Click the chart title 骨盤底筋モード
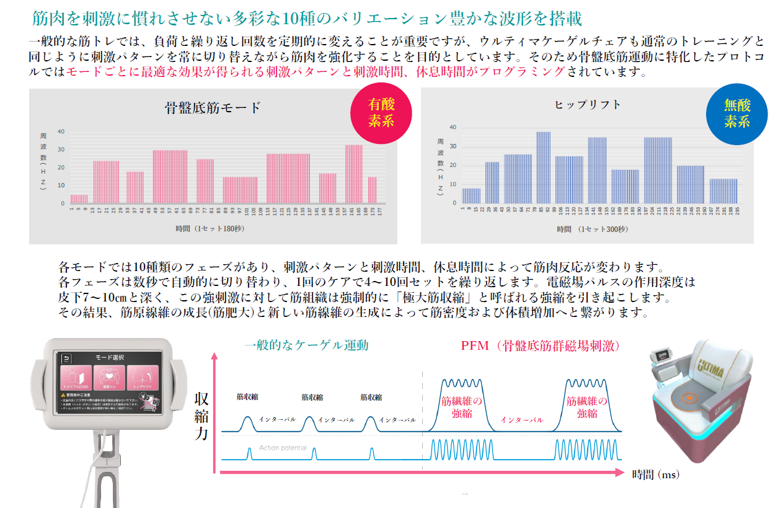click(x=213, y=108)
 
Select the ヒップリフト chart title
click(x=588, y=105)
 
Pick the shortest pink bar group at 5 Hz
click(x=79, y=198)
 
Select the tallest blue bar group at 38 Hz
click(x=544, y=167)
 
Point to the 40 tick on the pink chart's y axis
click(x=61, y=131)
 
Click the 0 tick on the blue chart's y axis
click(x=454, y=203)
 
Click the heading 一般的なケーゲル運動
click(x=306, y=345)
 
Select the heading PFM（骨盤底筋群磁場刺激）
click(x=541, y=345)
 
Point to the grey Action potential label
click(x=283, y=448)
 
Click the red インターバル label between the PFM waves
click(x=521, y=420)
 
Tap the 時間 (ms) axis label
click(x=656, y=475)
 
